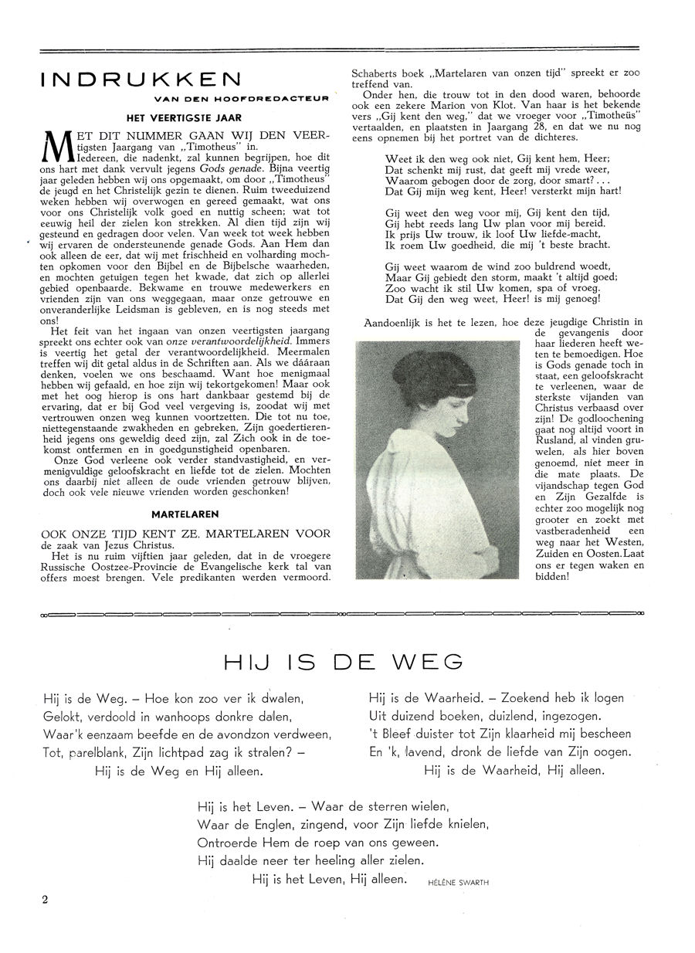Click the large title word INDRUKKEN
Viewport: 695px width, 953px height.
tap(141, 80)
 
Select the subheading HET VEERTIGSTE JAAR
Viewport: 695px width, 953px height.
tap(185, 117)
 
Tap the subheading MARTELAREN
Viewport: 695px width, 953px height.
tap(185, 513)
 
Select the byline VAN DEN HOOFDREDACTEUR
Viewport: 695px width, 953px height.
tap(242, 98)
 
